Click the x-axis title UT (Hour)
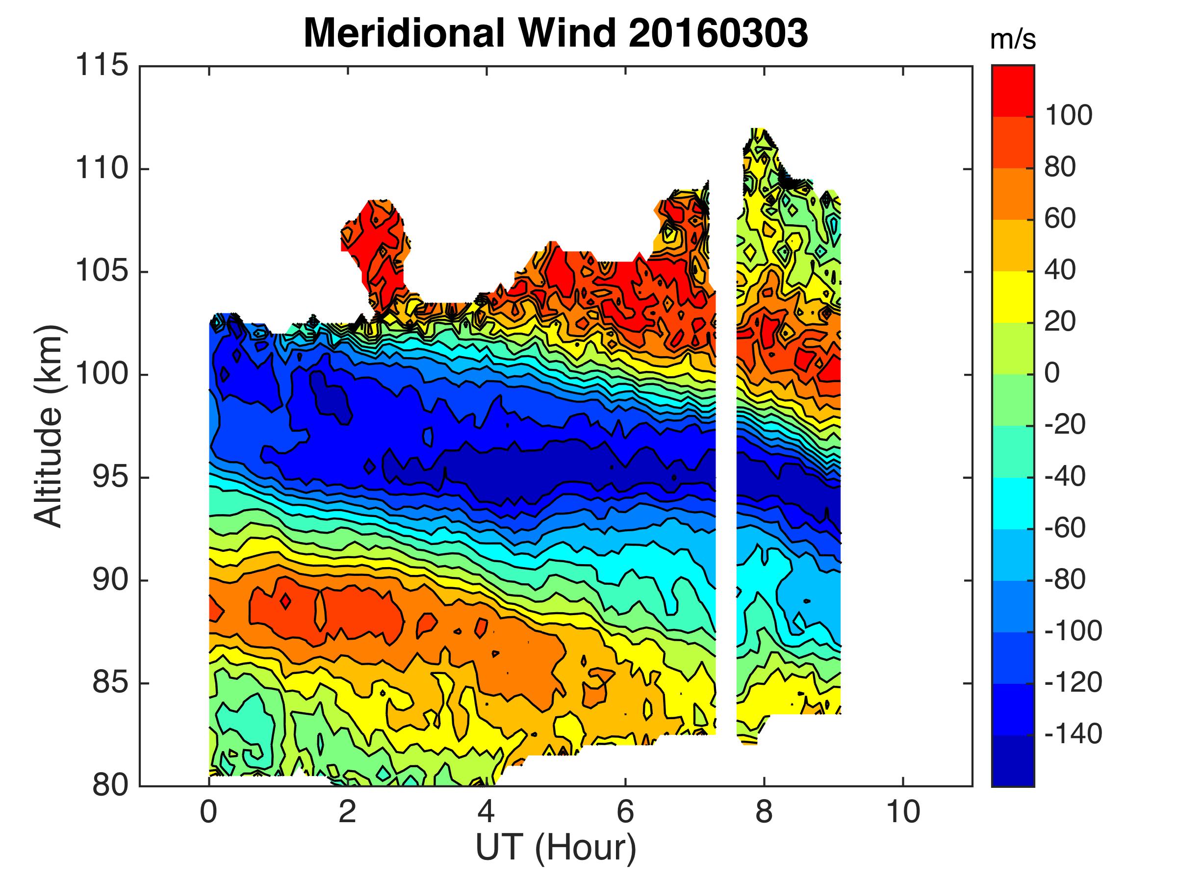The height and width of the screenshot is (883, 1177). click(x=556, y=847)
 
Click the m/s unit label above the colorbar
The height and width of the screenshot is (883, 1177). click(x=1013, y=40)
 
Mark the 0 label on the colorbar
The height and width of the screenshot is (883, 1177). click(x=1052, y=373)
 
